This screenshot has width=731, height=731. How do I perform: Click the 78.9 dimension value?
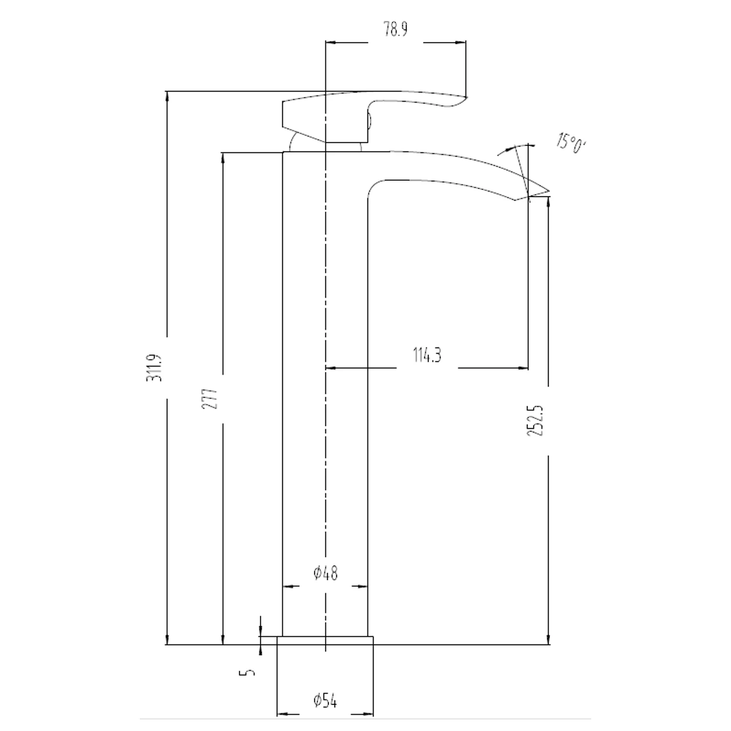(x=395, y=30)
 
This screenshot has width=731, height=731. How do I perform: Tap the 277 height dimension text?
(x=211, y=399)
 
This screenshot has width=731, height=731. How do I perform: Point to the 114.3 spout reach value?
(x=427, y=355)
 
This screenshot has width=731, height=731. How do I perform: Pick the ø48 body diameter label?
(x=325, y=573)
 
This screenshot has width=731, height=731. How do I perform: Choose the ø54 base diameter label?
(x=325, y=701)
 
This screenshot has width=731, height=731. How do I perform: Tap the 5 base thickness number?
(x=248, y=673)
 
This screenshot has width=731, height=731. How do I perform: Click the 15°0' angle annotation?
(x=570, y=143)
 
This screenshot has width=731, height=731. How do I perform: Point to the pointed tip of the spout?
(x=549, y=191)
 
